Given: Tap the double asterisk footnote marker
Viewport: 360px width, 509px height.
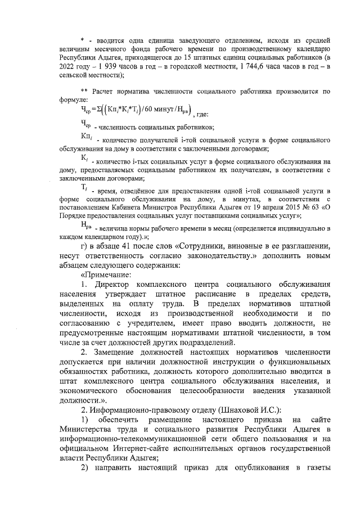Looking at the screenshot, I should pos(84,91).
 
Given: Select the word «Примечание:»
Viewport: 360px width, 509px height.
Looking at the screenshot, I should pos(106,274).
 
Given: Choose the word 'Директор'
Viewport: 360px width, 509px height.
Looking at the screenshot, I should pos(114,285).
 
